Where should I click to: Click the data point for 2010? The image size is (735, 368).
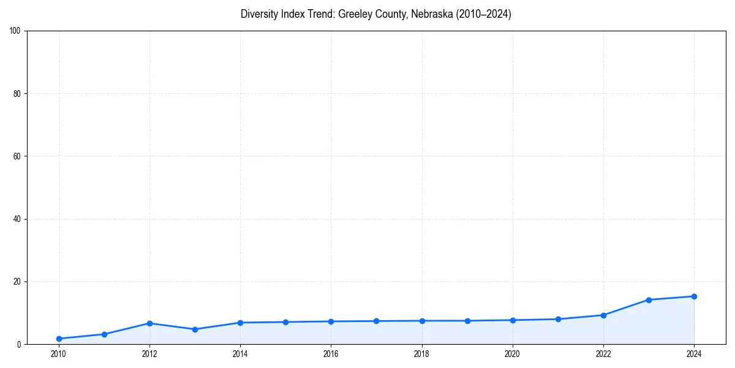click(59, 339)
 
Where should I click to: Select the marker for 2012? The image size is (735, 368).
click(149, 323)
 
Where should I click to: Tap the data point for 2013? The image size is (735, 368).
click(195, 329)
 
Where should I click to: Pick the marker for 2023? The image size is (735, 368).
click(649, 300)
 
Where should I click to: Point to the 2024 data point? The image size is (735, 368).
click(694, 296)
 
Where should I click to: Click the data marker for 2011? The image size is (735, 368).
click(104, 334)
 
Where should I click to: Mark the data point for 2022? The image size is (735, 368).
click(603, 315)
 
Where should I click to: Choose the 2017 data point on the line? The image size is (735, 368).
click(376, 321)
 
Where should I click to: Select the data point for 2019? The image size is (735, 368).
click(467, 321)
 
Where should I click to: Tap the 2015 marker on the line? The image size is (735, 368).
click(285, 322)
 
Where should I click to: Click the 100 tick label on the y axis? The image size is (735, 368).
click(15, 31)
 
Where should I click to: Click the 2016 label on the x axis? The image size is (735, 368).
click(331, 354)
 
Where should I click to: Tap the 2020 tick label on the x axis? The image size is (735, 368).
click(513, 354)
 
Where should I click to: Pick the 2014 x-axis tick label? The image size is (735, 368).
click(240, 354)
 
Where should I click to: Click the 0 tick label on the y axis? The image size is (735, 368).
click(19, 345)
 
